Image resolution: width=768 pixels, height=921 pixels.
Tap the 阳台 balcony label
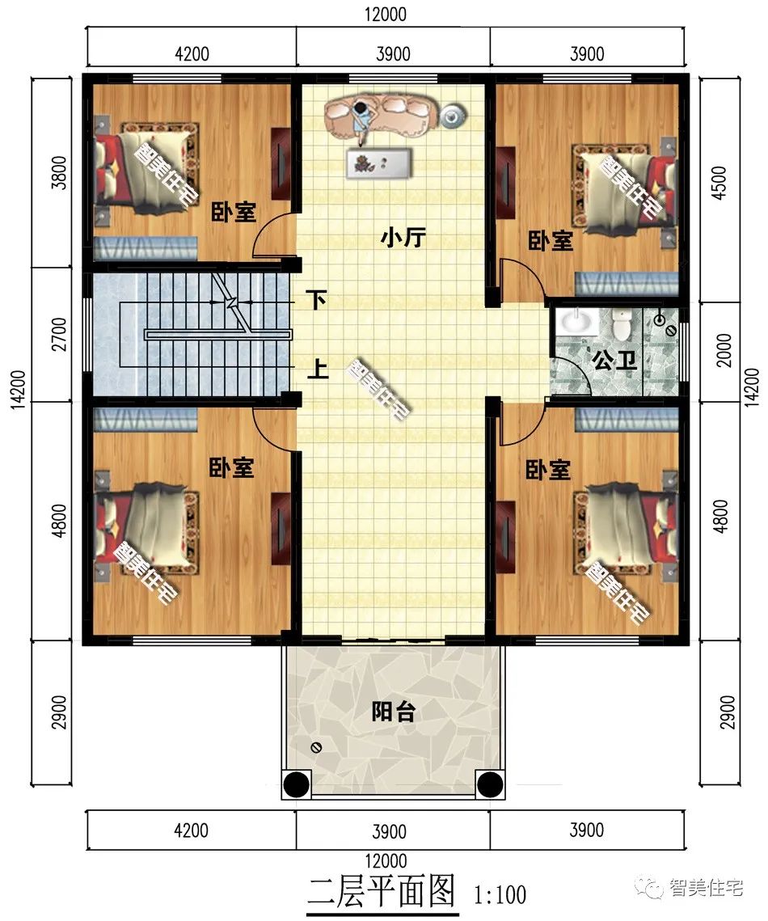point(394,712)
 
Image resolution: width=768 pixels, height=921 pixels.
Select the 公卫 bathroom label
point(614,360)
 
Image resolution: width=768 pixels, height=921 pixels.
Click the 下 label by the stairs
point(317,301)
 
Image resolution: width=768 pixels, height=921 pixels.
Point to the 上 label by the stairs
point(317,370)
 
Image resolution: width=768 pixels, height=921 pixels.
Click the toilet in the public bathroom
point(621,325)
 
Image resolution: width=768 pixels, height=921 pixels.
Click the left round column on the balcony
point(297,784)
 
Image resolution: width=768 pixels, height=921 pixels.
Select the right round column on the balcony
point(488,784)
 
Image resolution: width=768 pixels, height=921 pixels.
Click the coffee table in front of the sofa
point(378,163)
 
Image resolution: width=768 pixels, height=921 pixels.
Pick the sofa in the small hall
point(380,114)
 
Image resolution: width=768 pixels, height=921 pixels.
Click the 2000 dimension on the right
point(724,350)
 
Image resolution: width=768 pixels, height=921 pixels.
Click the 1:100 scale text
point(500,894)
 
